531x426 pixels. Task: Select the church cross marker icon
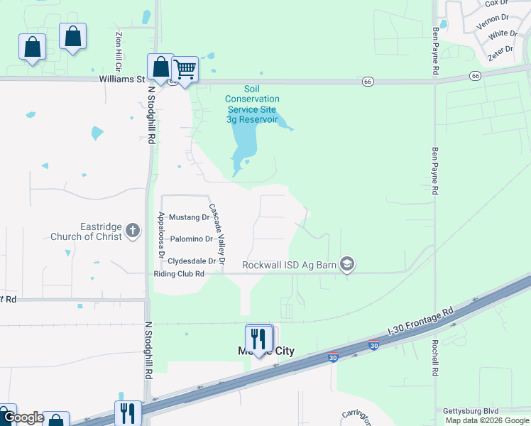(133, 230)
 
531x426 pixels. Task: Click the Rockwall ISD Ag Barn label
(289, 265)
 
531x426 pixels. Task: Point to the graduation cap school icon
(347, 265)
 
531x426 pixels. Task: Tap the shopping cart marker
(185, 70)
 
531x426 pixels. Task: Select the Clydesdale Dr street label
(192, 261)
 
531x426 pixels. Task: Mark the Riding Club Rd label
(179, 273)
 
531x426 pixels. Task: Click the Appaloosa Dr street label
(161, 234)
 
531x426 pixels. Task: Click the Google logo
(23, 418)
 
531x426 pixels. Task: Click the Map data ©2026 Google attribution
(487, 420)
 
